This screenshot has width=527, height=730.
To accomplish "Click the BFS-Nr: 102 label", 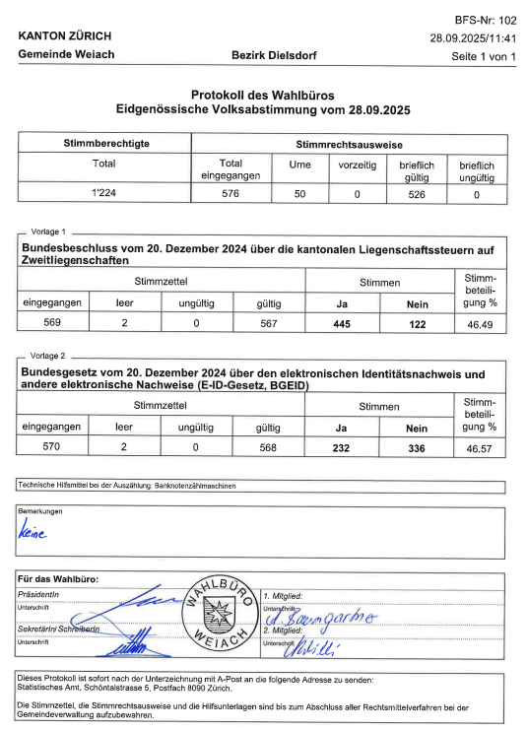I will [x=485, y=20].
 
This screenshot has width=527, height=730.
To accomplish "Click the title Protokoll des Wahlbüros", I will [x=262, y=94].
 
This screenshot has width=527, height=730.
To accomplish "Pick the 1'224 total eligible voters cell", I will [x=104, y=194].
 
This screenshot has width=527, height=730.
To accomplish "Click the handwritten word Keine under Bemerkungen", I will [x=33, y=533].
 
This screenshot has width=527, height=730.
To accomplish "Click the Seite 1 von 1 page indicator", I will [x=483, y=56].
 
